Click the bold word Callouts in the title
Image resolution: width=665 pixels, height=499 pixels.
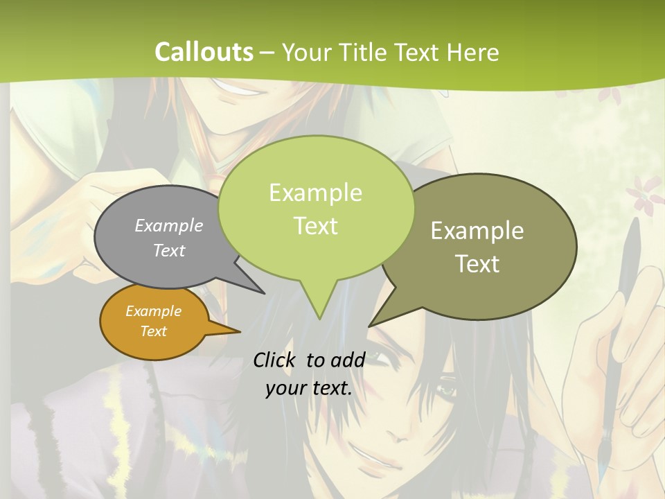point(204,52)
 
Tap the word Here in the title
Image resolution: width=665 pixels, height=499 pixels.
point(473,52)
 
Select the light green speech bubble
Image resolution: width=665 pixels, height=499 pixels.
point(315,208)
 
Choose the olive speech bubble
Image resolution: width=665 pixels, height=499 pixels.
point(485,246)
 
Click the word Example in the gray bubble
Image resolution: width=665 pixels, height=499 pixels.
point(169,226)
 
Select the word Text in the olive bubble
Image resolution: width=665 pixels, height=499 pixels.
point(477,264)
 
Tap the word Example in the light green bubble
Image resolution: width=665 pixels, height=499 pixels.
point(315,193)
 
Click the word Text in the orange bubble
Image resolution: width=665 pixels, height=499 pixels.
point(154,331)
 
